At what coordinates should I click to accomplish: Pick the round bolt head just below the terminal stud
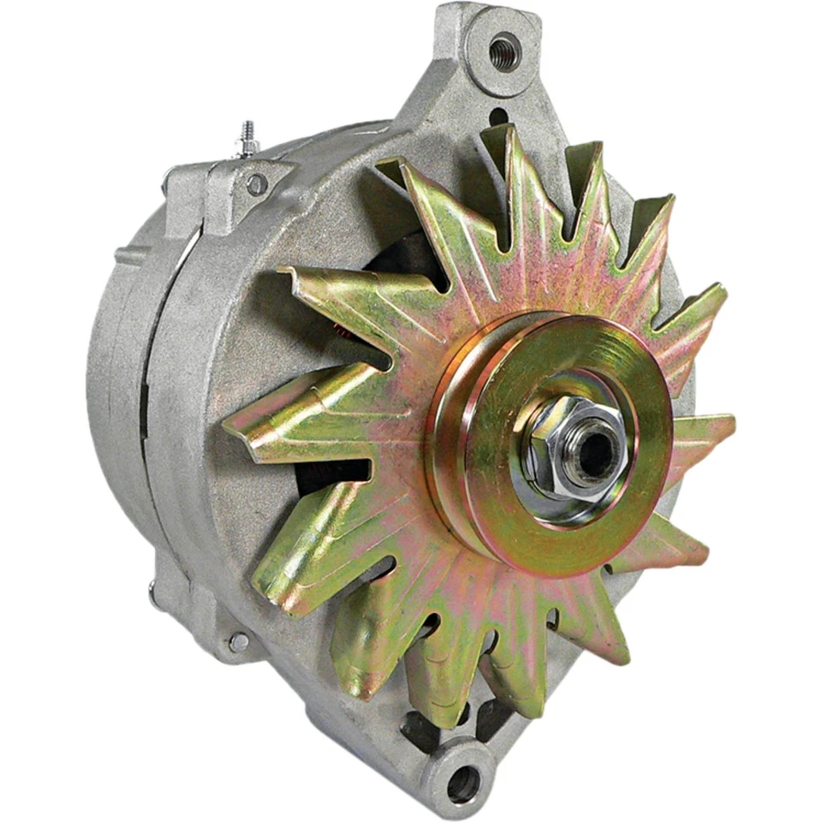[x=256, y=183]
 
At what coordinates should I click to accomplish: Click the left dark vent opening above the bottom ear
[x=420, y=728]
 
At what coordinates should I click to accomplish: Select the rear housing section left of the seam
[x=120, y=368]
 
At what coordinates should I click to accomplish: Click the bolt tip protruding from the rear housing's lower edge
[x=153, y=591]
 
